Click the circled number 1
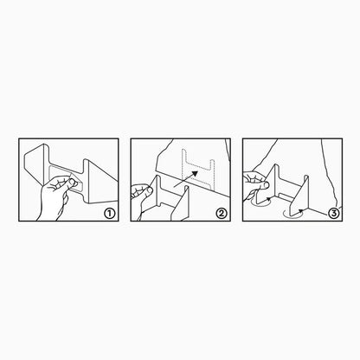[110, 214]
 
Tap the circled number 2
[222, 214]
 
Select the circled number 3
[333, 214]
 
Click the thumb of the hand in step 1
[73, 182]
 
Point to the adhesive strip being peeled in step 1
[66, 179]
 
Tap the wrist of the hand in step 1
[48, 214]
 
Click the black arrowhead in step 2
[195, 174]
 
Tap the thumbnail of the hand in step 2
[149, 190]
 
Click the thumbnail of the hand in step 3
[267, 184]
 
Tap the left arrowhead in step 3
[269, 198]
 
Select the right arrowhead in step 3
[301, 210]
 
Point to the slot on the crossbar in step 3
[286, 197]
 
